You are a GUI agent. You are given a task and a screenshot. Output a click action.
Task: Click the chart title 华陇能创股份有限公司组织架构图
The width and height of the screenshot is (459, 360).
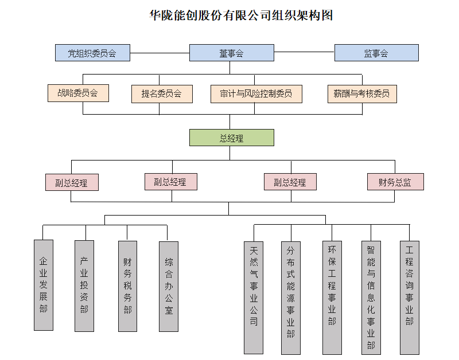(x=241, y=15)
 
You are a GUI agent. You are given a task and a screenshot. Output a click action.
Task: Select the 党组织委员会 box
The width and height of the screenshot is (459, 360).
(x=92, y=53)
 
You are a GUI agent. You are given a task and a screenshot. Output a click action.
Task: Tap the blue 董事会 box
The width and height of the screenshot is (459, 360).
(x=231, y=53)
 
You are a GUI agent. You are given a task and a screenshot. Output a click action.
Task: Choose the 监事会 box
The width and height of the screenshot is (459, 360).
(x=376, y=53)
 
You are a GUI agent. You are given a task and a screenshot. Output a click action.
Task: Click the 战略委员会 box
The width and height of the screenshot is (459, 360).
(x=78, y=93)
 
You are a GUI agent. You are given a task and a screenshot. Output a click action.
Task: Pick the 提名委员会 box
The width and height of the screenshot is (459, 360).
(x=162, y=93)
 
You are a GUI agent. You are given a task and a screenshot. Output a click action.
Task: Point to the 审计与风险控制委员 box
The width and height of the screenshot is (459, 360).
(x=256, y=93)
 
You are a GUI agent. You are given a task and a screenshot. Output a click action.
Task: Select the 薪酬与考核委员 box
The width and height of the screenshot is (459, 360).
(x=361, y=93)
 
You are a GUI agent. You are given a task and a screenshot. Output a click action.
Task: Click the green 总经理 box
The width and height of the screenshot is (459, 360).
(x=232, y=138)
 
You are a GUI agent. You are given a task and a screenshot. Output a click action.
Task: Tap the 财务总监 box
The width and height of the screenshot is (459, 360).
(x=395, y=182)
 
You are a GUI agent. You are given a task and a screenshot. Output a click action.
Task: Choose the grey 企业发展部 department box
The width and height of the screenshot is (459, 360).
(x=44, y=285)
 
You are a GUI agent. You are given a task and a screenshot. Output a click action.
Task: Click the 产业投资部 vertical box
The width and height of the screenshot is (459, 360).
(x=84, y=285)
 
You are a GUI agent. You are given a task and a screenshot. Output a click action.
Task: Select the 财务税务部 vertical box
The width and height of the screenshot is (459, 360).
(x=127, y=285)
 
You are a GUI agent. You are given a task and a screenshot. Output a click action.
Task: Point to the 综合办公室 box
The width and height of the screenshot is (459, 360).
(x=169, y=285)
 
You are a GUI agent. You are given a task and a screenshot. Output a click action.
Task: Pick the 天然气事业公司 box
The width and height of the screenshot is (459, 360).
(x=254, y=297)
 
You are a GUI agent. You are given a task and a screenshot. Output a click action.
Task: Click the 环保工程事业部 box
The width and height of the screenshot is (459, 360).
(x=332, y=297)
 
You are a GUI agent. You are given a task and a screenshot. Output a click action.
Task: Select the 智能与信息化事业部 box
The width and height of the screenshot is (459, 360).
(x=371, y=297)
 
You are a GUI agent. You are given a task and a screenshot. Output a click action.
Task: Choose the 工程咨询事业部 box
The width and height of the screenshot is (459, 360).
(x=409, y=296)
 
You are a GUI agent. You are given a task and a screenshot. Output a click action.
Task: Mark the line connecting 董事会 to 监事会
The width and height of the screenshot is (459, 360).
(x=304, y=53)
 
